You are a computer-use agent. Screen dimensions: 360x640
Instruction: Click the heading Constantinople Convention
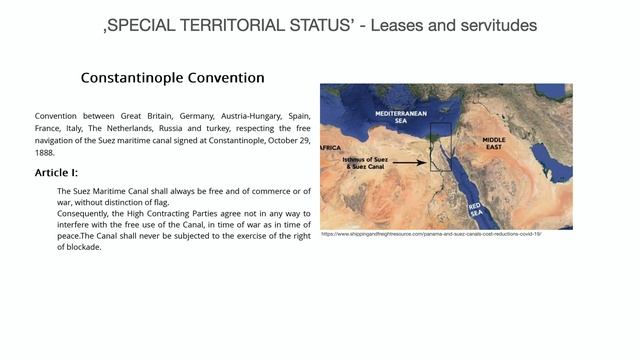pos(172,78)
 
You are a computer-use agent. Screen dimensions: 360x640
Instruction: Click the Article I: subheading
pos(63,173)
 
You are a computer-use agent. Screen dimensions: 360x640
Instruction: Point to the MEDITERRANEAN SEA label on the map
pos(401,118)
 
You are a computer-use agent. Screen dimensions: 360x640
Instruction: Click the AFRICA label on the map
pos(329,148)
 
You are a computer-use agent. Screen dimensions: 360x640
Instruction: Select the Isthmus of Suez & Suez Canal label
pos(358,163)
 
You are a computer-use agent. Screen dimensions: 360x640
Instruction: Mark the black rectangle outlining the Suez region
pos(441,147)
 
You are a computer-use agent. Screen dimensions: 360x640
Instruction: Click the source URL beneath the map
pos(431,234)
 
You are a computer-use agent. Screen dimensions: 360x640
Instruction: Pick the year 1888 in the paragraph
pos(46,153)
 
